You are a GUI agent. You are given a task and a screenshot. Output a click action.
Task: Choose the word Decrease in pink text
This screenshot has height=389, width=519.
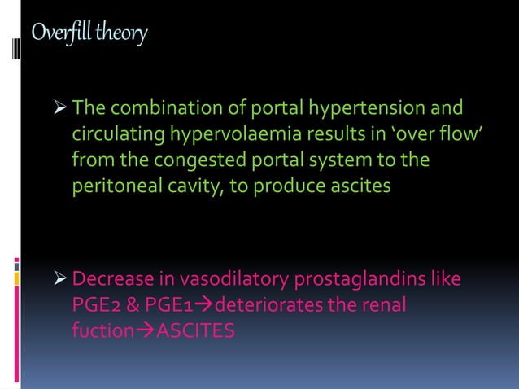coord(111,281)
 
